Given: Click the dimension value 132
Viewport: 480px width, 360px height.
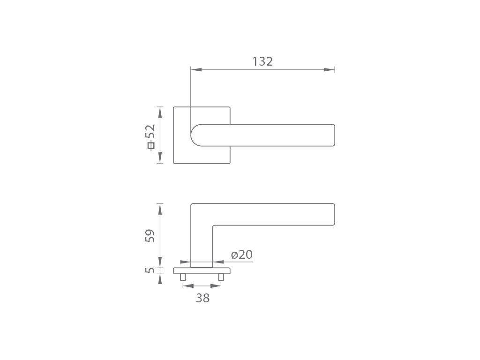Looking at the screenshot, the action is coord(262,61).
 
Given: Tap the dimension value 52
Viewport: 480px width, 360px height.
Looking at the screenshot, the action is coord(150,132).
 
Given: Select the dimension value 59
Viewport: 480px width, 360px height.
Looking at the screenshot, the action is coord(150,236).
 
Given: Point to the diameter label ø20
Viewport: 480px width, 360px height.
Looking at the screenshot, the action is coord(241,255).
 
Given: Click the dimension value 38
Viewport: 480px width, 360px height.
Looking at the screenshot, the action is coord(202,298).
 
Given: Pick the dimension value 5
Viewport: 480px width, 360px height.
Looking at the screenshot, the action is coord(150,270).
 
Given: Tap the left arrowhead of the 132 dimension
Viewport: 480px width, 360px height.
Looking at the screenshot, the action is coord(196,70).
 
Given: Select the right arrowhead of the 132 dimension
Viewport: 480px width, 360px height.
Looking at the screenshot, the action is coord(329,70).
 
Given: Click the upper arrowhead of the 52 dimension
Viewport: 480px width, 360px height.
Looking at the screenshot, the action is coord(160,112).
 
